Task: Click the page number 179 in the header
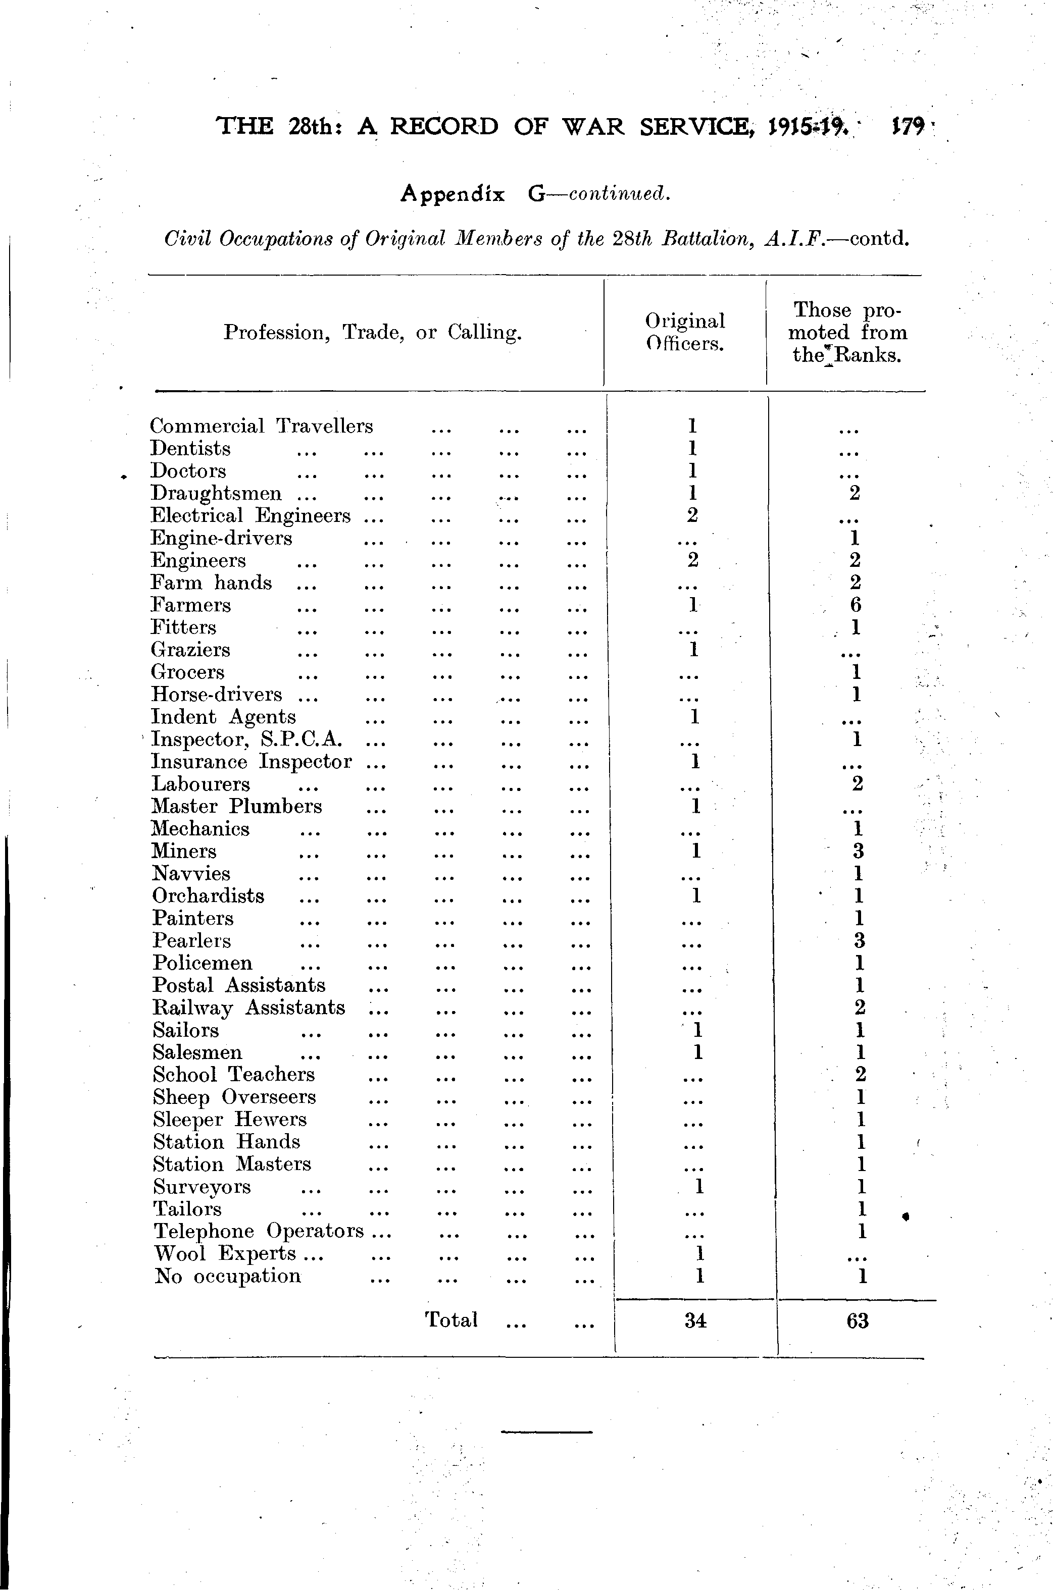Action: point(907,126)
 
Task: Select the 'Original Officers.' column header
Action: point(684,332)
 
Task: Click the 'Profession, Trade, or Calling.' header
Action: point(373,332)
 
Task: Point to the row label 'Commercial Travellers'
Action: point(261,426)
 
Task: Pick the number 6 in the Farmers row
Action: point(855,605)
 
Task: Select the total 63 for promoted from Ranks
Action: point(858,1321)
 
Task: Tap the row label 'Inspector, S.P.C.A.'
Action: point(247,739)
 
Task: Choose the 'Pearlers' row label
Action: point(191,941)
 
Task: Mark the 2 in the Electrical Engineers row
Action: point(692,515)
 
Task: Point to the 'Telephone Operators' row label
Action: point(259,1232)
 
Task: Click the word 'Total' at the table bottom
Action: point(452,1319)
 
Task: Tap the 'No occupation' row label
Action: point(228,1276)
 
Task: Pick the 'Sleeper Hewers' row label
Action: point(230,1120)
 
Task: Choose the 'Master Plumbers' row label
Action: point(236,806)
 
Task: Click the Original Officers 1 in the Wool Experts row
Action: point(699,1253)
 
